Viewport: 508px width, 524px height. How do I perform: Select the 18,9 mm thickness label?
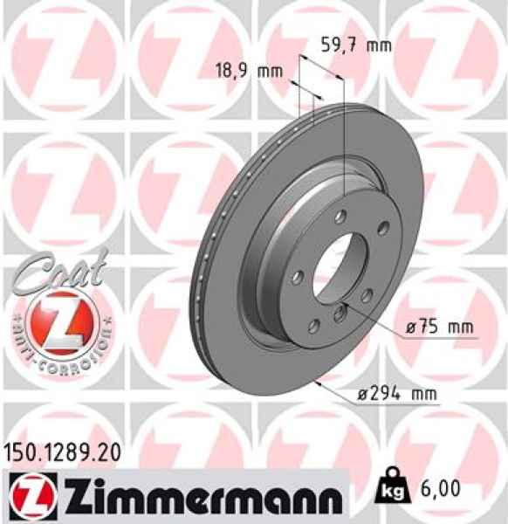click(x=250, y=71)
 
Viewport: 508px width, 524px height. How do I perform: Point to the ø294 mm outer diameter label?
click(x=398, y=395)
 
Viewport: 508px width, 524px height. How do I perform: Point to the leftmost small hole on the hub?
click(x=299, y=277)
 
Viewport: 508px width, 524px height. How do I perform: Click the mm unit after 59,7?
click(x=378, y=46)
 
